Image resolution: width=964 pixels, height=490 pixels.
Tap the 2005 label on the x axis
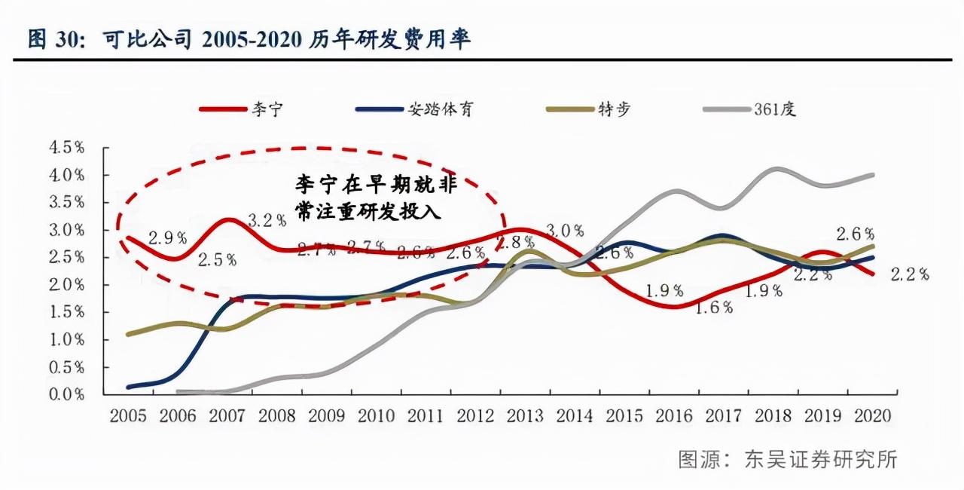pyautogui.click(x=129, y=416)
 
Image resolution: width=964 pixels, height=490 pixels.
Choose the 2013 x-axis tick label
pyautogui.click(x=526, y=416)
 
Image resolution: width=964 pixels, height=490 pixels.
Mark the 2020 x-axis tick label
pyautogui.click(x=873, y=416)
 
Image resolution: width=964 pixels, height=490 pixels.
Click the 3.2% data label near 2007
pyautogui.click(x=267, y=220)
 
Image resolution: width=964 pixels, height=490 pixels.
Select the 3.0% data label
pyautogui.click(x=566, y=231)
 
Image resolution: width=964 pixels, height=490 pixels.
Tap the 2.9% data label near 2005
pyautogui.click(x=167, y=238)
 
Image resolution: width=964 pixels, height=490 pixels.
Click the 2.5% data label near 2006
pyautogui.click(x=218, y=260)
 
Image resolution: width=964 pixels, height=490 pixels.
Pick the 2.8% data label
pyautogui.click(x=515, y=243)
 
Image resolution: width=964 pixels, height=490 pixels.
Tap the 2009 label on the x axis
pyautogui.click(x=327, y=416)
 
